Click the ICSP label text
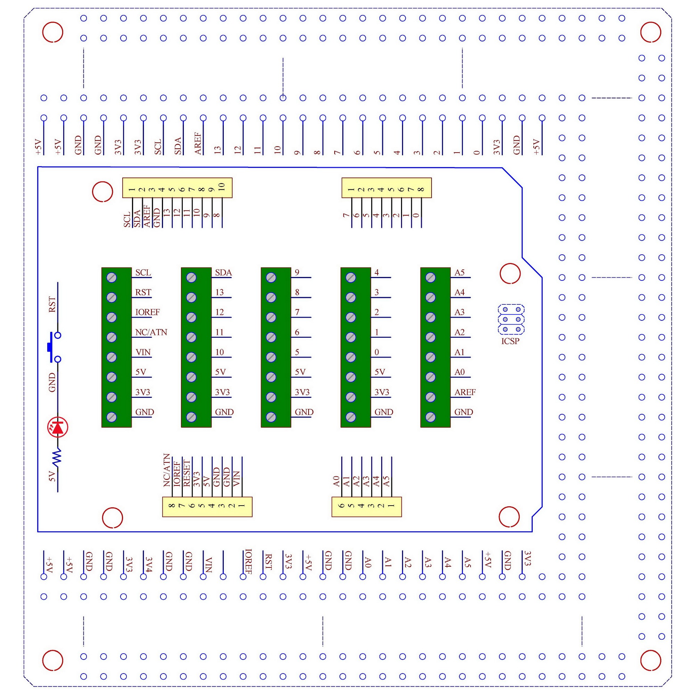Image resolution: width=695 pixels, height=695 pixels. pyautogui.click(x=510, y=341)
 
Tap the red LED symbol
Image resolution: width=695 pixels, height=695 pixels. pyautogui.click(x=58, y=427)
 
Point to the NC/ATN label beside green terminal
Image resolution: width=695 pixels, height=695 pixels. pyautogui.click(x=151, y=332)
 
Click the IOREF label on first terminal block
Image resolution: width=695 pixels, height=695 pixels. pyautogui.click(x=147, y=312)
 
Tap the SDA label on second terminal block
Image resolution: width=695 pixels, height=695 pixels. pyautogui.click(x=223, y=272)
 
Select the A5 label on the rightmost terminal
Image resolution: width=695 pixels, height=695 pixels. pyautogui.click(x=459, y=272)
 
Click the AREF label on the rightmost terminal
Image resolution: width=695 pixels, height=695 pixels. pyautogui.click(x=465, y=392)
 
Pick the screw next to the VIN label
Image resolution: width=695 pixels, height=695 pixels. pyautogui.click(x=112, y=357)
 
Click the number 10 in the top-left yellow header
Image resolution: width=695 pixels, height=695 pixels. pyautogui.click(x=222, y=187)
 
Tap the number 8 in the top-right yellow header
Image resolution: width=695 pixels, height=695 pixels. pyautogui.click(x=421, y=189)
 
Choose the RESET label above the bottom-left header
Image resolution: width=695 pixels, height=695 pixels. pyautogui.click(x=186, y=473)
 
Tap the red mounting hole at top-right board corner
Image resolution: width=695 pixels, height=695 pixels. pyautogui.click(x=651, y=32)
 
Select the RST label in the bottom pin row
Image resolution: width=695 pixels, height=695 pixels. pyautogui.click(x=268, y=562)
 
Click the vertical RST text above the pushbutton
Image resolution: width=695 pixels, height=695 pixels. pyautogui.click(x=52, y=304)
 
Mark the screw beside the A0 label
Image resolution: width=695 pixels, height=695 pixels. pyautogui.click(x=431, y=377)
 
